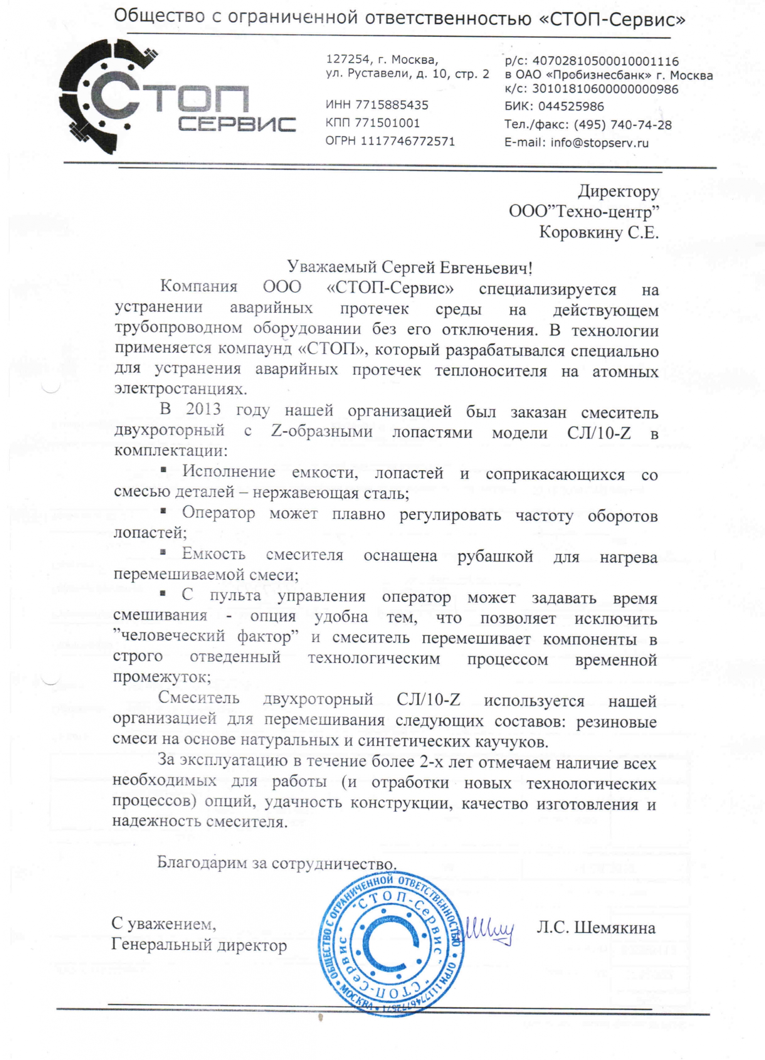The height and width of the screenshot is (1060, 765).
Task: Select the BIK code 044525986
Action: [x=571, y=107]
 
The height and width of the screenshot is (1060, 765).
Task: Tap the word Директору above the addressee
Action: [x=619, y=191]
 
